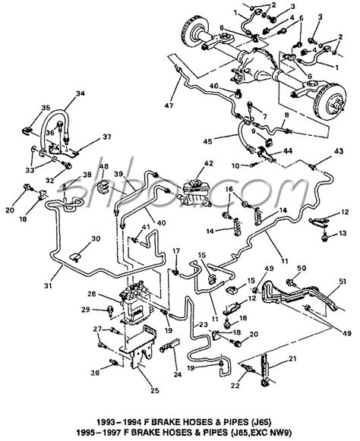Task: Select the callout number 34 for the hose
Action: (81, 94)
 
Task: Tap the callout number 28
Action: (91, 294)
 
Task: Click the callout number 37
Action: (106, 137)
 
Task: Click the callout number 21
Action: (272, 358)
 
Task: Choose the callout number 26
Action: (95, 373)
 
